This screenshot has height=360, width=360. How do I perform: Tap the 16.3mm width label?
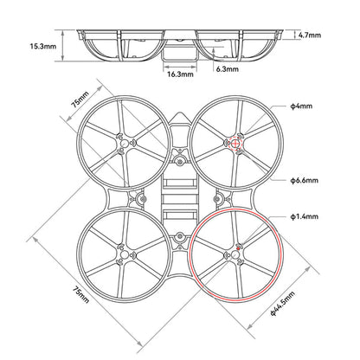pyautogui.click(x=179, y=74)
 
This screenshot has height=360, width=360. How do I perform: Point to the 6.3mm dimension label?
pyautogui.click(x=227, y=68)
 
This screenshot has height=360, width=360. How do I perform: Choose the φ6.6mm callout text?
pyautogui.click(x=305, y=182)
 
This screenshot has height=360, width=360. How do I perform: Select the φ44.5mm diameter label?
pyautogui.click(x=288, y=305)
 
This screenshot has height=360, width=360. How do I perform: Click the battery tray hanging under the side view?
pyautogui.click(x=179, y=53)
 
